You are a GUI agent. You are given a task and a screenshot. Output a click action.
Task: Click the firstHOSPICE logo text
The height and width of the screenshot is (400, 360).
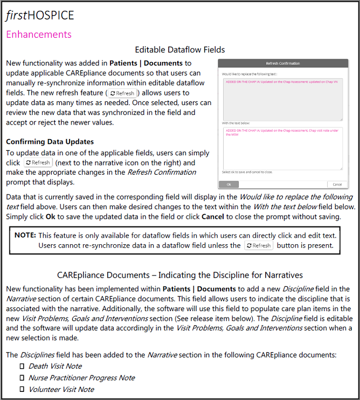(x=40, y=15)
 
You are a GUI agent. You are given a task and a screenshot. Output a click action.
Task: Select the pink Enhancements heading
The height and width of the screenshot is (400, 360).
(x=38, y=35)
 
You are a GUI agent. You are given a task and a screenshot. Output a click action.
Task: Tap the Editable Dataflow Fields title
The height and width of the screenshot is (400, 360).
(x=179, y=50)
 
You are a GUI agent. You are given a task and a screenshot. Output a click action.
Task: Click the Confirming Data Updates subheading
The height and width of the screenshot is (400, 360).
(x=50, y=142)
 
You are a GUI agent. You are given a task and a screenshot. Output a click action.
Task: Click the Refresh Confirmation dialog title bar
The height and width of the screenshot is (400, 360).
(x=283, y=63)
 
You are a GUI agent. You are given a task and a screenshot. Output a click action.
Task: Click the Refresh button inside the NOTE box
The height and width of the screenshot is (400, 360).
(x=259, y=246)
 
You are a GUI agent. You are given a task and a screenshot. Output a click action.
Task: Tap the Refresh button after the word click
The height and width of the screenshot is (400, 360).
(x=38, y=162)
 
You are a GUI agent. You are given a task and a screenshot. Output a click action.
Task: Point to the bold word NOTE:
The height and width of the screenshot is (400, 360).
(x=25, y=236)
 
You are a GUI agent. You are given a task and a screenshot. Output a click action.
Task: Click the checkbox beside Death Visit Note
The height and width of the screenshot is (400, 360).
(x=22, y=367)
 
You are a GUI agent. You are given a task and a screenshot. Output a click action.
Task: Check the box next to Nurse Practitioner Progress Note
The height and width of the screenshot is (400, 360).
(x=22, y=378)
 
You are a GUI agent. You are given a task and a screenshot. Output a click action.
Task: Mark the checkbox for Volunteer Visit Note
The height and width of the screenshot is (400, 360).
(x=22, y=389)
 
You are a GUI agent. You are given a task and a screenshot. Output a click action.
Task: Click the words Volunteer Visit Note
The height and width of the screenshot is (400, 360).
(x=61, y=389)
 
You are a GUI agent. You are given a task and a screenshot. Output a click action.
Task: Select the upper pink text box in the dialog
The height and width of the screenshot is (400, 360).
(x=283, y=99)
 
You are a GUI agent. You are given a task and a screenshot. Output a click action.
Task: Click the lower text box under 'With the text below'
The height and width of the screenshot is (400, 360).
(x=283, y=148)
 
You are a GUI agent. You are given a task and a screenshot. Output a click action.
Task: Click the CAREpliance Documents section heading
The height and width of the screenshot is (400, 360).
(x=179, y=275)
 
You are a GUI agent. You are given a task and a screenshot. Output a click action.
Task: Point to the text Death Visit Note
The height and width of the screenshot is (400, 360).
(x=54, y=367)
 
